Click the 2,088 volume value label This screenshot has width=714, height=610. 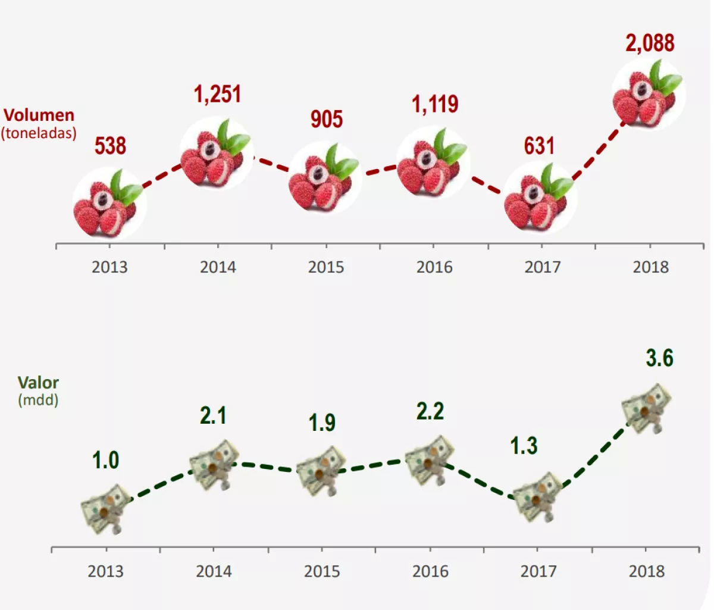[650, 43]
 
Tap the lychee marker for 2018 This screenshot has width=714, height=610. [648, 95]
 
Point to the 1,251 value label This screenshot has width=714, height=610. [217, 94]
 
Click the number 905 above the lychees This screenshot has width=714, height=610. [326, 119]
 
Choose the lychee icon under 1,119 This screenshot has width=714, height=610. [433, 164]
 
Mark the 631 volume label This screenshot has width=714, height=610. [539, 146]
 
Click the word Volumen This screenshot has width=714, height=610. [39, 115]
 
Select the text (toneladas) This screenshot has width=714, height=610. [39, 132]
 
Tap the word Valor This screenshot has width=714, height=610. [38, 383]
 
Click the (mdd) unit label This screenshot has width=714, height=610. [38, 399]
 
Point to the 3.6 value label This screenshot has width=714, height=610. [659, 358]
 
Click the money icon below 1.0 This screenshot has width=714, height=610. [106, 509]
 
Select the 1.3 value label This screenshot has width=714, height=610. [524, 446]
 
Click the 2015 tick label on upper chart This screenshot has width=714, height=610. [325, 267]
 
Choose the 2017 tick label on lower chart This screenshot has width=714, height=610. [538, 571]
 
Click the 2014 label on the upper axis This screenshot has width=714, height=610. [217, 267]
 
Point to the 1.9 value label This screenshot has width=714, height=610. [322, 423]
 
